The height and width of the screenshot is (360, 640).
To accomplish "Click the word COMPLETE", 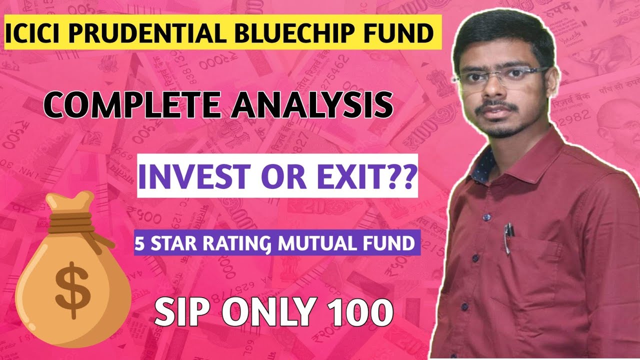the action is click(132, 104).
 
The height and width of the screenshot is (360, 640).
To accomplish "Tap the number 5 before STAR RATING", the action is click(139, 243).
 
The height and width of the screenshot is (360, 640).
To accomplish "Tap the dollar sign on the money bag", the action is click(73, 290).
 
